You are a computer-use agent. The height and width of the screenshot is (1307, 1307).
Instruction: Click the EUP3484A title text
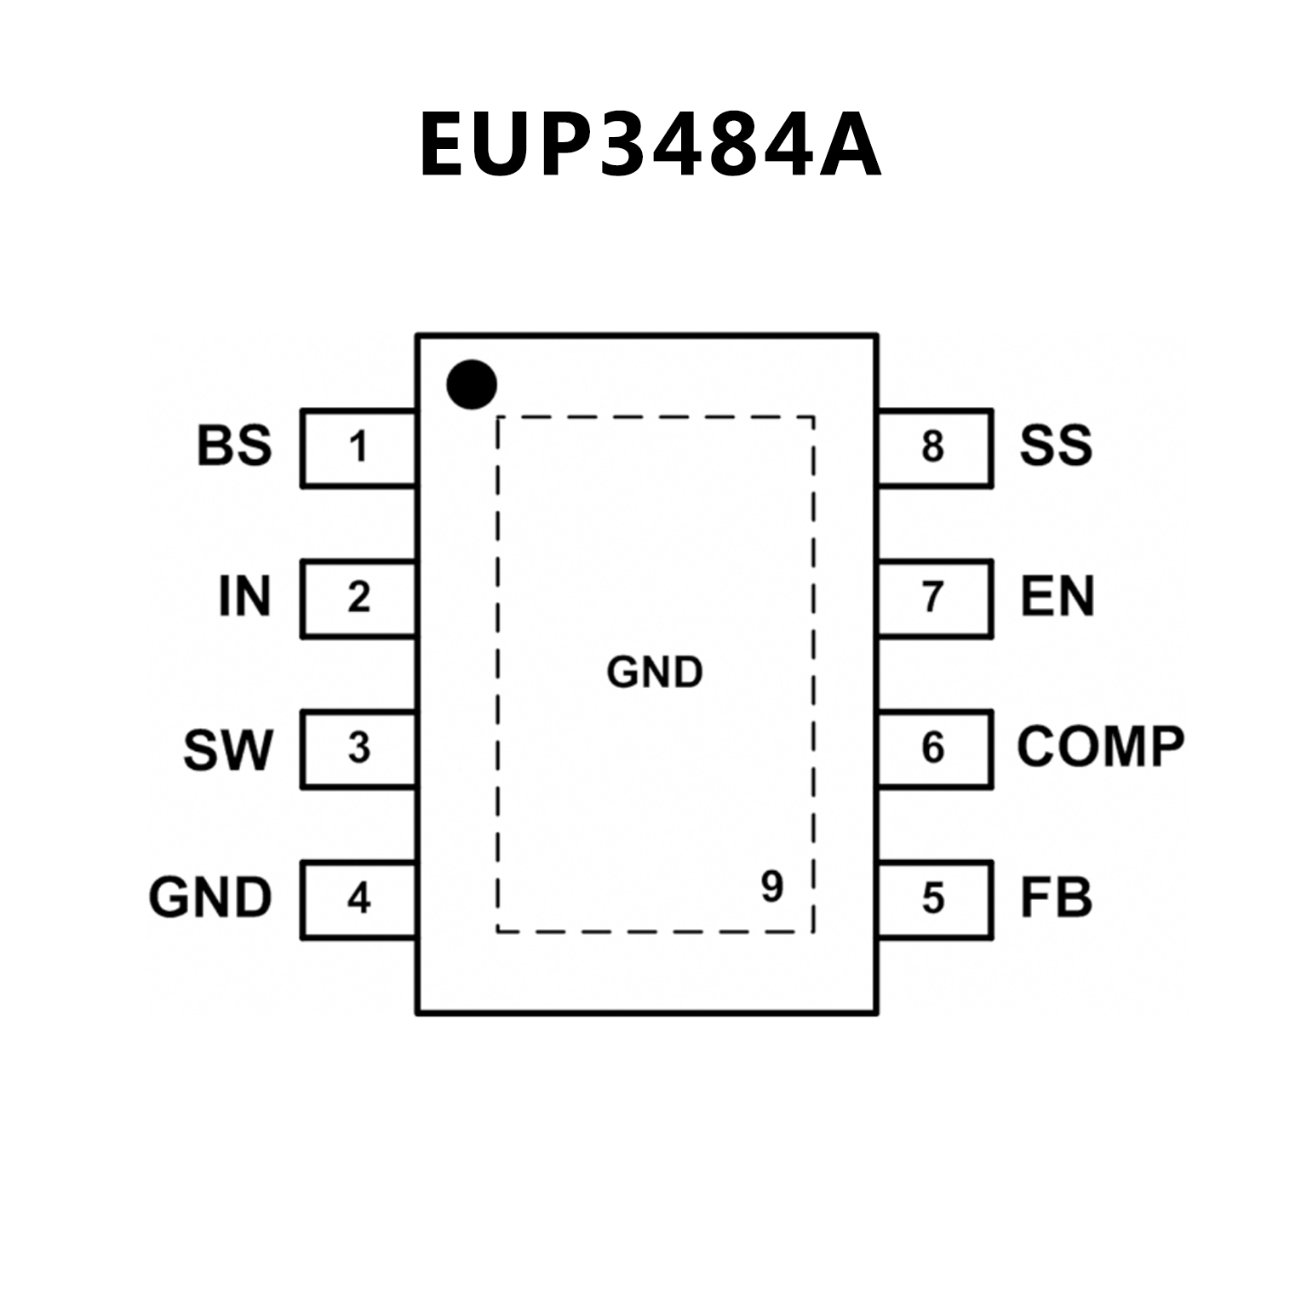click(650, 145)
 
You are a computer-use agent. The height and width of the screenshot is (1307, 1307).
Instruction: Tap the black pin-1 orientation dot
click(471, 384)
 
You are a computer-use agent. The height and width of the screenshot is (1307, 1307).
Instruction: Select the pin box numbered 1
click(358, 448)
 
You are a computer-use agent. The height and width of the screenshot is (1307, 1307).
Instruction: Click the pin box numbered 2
click(358, 598)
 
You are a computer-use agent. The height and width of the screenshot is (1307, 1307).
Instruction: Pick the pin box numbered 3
click(358, 748)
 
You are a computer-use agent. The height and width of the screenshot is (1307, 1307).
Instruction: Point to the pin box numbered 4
click(358, 899)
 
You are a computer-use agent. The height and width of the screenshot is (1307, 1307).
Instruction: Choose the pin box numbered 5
click(934, 899)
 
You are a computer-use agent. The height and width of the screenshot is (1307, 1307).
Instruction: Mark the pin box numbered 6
click(934, 748)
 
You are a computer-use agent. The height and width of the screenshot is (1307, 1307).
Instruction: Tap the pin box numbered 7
click(934, 598)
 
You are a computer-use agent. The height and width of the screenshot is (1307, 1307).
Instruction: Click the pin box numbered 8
click(934, 448)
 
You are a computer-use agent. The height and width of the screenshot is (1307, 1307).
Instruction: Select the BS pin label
click(234, 446)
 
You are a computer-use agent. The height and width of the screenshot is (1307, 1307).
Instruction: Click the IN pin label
click(244, 596)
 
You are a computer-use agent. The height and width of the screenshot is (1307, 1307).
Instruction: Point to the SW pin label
click(227, 749)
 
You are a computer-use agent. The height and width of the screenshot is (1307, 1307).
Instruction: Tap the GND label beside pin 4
click(210, 897)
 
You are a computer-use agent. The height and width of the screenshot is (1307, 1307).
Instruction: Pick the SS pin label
click(1056, 445)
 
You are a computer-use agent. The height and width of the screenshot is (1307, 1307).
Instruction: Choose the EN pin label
click(1057, 596)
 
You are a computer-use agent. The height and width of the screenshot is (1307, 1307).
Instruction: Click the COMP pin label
click(1100, 747)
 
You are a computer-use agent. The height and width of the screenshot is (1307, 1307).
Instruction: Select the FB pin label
click(1056, 897)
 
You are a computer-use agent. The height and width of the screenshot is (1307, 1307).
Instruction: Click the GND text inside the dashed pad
click(655, 673)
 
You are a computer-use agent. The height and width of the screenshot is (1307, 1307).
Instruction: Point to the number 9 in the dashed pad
click(771, 887)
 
